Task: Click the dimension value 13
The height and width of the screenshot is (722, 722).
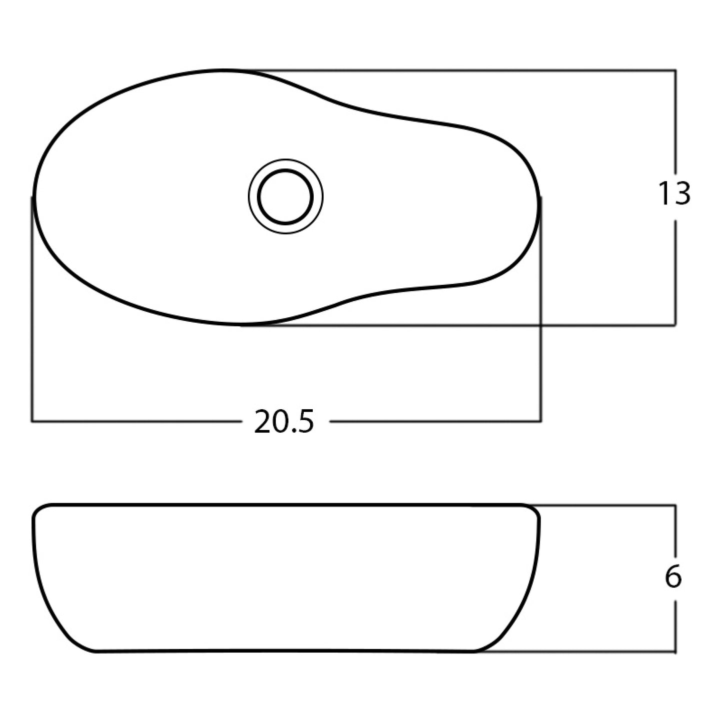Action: point(674,194)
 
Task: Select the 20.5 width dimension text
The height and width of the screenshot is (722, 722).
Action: point(284,421)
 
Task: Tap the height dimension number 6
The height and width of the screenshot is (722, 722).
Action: point(673,577)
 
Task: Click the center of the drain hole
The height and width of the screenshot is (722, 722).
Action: point(285,196)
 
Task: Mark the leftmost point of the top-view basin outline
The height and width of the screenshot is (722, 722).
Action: point(33,197)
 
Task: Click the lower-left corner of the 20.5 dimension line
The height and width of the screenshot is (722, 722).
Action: point(32,421)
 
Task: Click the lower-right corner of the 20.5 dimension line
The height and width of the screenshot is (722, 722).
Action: point(541,421)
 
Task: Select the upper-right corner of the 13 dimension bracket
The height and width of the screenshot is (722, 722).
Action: point(676,70)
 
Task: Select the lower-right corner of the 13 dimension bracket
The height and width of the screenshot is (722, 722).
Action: point(676,325)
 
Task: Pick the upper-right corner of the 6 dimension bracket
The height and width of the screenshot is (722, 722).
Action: point(676,506)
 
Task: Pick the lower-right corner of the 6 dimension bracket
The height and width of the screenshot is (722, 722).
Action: point(676,652)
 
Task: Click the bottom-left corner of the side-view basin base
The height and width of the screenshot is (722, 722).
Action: point(95,651)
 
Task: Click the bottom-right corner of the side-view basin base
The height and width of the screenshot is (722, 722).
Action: point(475,651)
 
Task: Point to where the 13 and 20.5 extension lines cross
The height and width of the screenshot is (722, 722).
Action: point(541,325)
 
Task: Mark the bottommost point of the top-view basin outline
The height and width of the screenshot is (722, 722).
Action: point(240,324)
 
